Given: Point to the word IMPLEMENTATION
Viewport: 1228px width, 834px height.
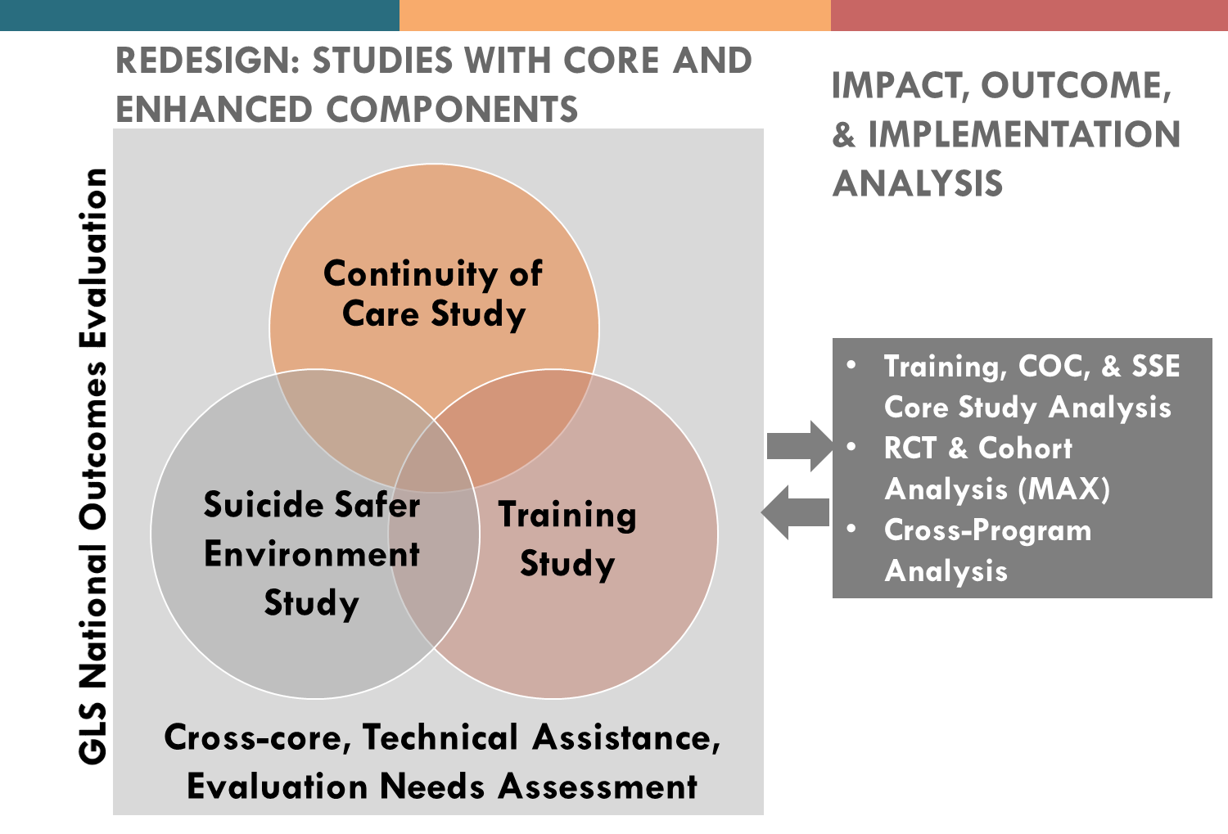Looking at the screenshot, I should [x=1023, y=135].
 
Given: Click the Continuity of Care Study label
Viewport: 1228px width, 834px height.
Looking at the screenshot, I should [x=433, y=293].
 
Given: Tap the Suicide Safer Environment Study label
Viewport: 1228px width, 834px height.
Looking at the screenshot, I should [x=312, y=554].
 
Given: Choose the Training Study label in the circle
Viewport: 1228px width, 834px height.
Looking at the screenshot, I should [x=567, y=539].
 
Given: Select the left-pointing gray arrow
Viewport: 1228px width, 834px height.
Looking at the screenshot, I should [x=795, y=512].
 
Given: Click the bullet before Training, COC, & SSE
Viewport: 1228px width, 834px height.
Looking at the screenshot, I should [x=852, y=365].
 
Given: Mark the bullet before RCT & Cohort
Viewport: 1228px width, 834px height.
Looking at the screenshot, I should [x=852, y=447].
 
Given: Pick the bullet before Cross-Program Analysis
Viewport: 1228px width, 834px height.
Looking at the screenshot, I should [x=852, y=529].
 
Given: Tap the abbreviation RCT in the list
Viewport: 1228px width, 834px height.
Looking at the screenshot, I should [x=910, y=449].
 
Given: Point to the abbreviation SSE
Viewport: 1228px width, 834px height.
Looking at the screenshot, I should [x=1155, y=367].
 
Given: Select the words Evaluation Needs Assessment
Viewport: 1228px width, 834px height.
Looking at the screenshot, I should [x=442, y=787].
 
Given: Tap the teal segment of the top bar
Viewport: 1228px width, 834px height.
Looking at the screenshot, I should [x=199, y=15].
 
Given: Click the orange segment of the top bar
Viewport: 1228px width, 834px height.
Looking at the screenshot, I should [x=615, y=15].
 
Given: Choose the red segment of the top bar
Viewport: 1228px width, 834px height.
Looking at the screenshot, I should [x=1029, y=15].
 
